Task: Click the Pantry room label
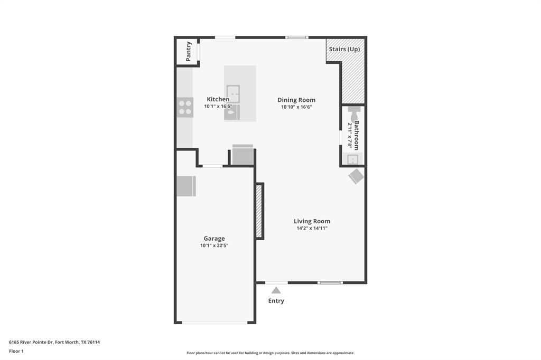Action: coord(189,51)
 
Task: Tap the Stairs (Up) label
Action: coord(344,49)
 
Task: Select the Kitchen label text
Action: coord(218,99)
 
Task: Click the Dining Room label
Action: coord(296,100)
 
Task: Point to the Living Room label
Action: coord(312,221)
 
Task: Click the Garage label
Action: coord(214,239)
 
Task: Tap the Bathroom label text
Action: coord(357,135)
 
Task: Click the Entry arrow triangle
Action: coord(276,290)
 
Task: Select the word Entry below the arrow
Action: coord(276,301)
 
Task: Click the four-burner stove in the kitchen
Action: coord(185,108)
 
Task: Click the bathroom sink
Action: coord(352,159)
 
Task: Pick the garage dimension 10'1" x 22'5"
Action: coord(214,245)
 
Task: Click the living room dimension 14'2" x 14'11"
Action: coord(312,228)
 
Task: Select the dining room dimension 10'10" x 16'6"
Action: coord(296,107)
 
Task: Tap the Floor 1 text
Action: coord(16,351)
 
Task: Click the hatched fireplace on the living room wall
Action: coord(259,211)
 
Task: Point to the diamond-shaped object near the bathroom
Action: coord(356,176)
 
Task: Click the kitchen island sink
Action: coord(233,93)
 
